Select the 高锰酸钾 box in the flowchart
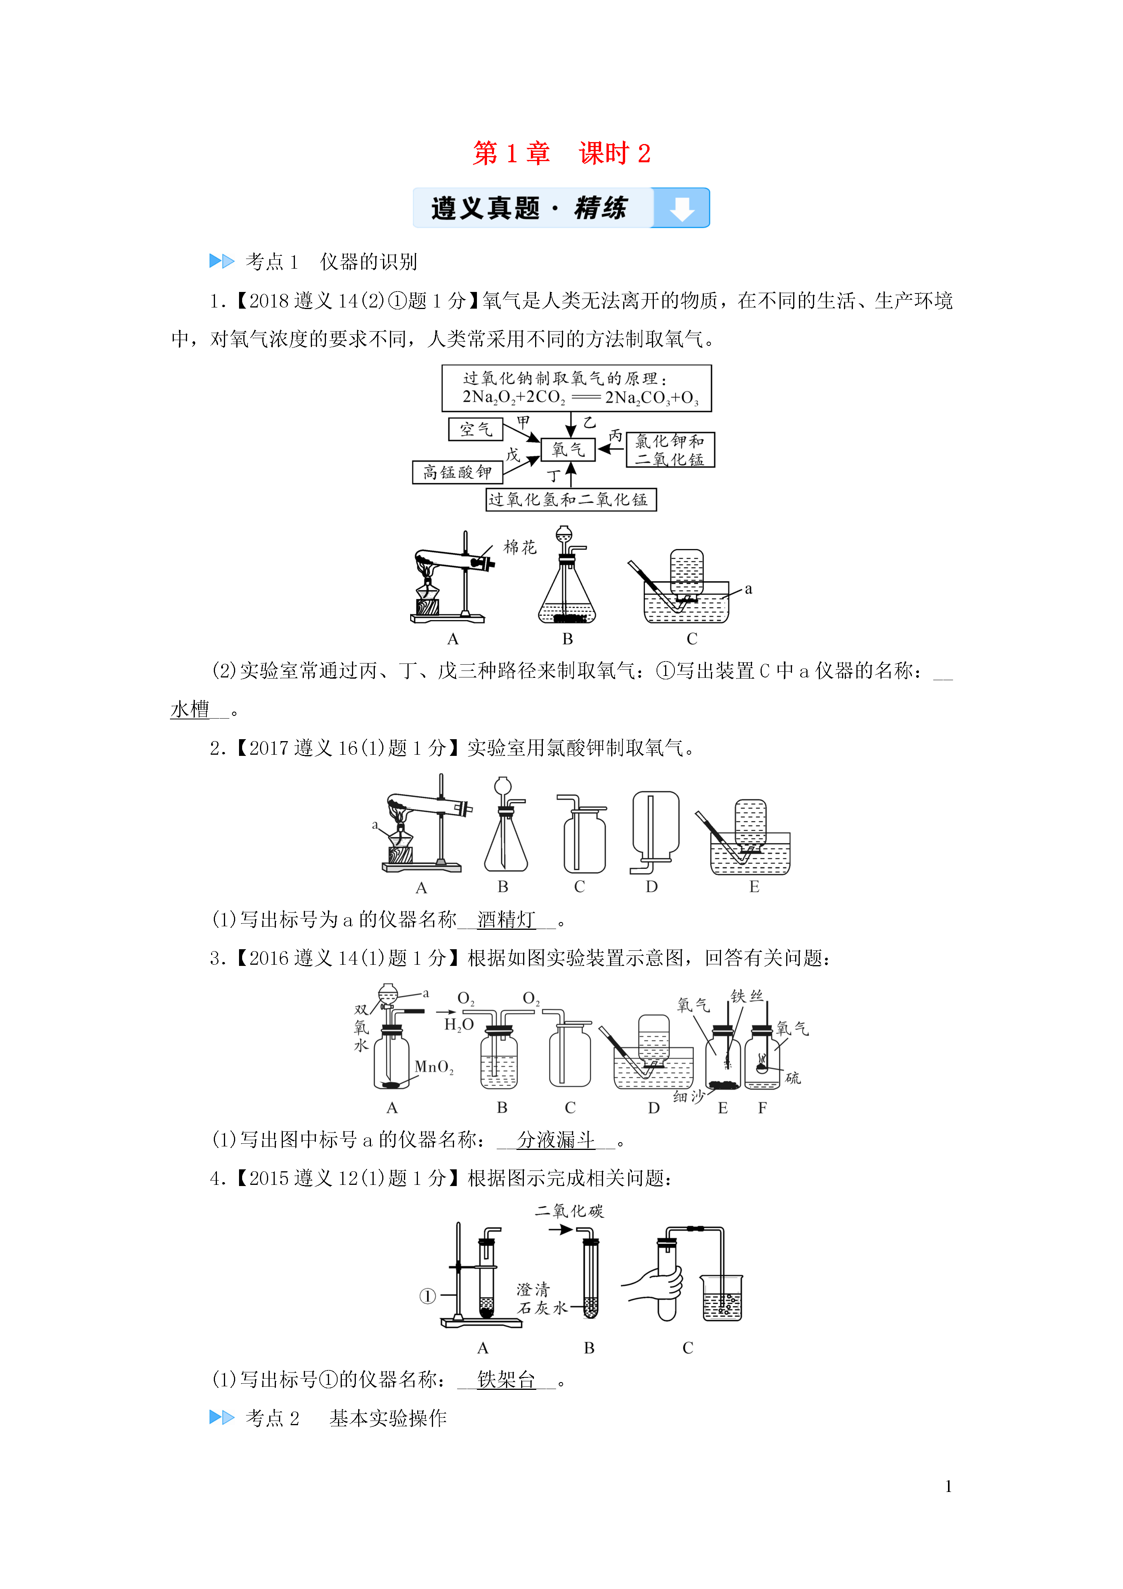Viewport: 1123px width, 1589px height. tap(458, 472)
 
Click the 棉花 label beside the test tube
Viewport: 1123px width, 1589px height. tap(520, 547)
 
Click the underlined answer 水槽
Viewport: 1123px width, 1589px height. tap(190, 709)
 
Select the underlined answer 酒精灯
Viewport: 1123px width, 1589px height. tap(506, 920)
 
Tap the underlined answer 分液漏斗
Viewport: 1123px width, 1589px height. tap(556, 1140)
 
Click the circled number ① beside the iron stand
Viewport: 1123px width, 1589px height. tap(428, 1296)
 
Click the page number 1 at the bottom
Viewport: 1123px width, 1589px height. tap(948, 1486)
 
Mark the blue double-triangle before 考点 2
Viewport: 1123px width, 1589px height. tap(222, 1417)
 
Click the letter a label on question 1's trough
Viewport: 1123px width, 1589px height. tap(748, 589)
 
